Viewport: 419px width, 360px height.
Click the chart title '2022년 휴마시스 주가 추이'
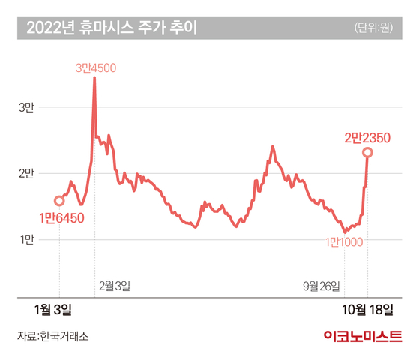[x=112, y=28]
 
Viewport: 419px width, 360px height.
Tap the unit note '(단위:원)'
[x=373, y=28]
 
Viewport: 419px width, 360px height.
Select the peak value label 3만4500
[x=96, y=68]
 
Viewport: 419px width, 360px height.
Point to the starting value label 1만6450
[x=61, y=218]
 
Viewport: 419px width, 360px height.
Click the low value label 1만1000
[x=344, y=242]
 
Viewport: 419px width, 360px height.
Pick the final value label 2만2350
[x=367, y=138]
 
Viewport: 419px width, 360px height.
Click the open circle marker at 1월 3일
[x=59, y=201]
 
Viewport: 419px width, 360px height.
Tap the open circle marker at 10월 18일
[x=367, y=153]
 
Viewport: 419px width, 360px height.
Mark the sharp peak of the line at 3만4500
[x=94, y=77]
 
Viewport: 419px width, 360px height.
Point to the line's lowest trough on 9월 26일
[x=345, y=232]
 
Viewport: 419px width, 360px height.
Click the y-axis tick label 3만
[x=26, y=107]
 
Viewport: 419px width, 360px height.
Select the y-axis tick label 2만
[x=26, y=173]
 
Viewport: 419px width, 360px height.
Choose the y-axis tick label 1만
[x=27, y=239]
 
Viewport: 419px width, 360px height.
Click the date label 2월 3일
[x=115, y=286]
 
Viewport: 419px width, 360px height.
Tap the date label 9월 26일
[x=322, y=286]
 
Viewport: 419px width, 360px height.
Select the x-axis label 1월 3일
[x=53, y=310]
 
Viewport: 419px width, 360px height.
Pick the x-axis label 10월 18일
[x=367, y=310]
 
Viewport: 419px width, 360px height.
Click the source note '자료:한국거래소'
[x=52, y=336]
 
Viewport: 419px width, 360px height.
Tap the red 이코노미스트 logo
[x=363, y=336]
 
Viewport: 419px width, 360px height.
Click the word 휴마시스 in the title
[x=106, y=28]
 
